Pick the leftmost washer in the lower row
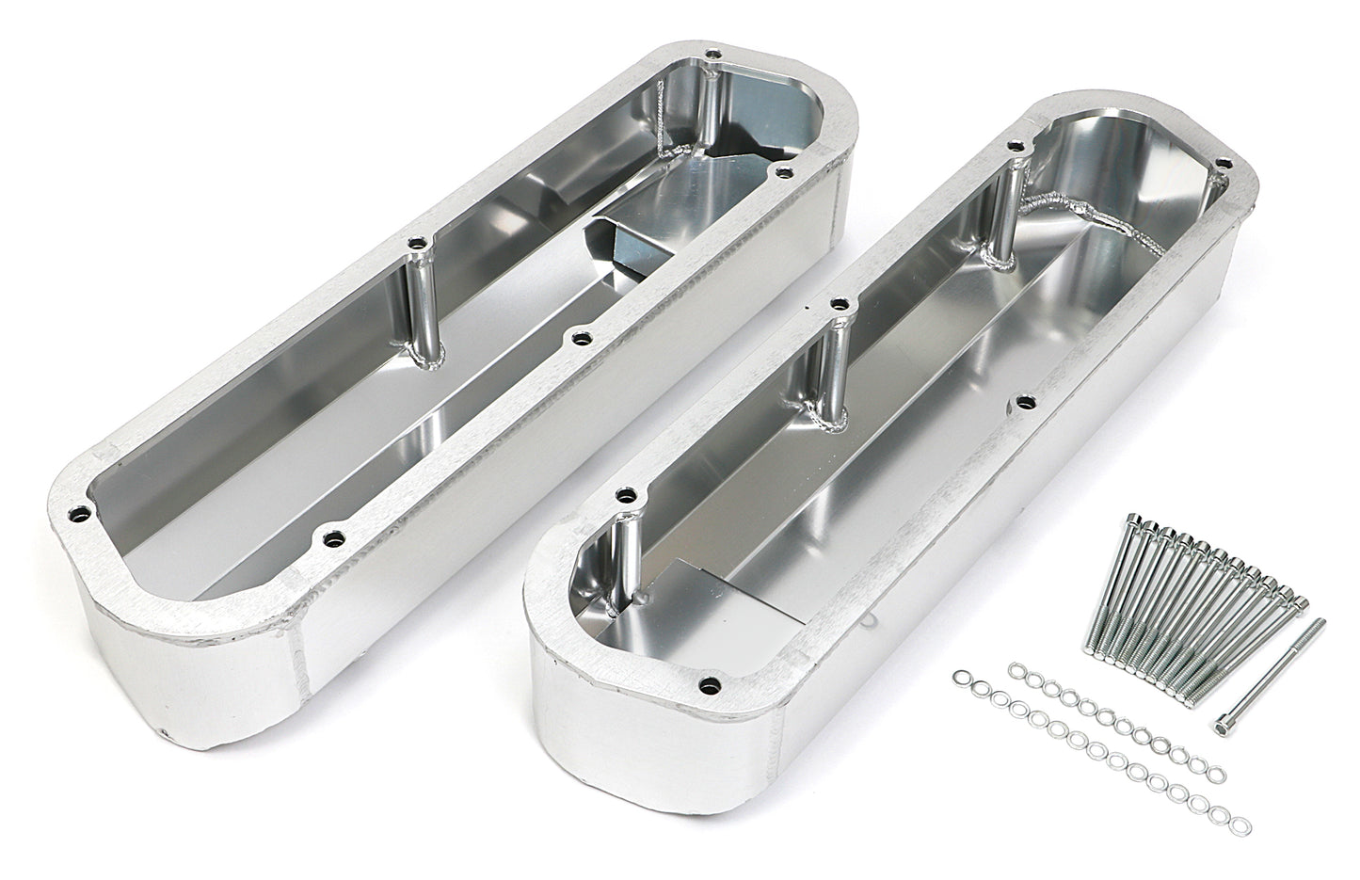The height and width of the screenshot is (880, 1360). (x=962, y=678)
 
